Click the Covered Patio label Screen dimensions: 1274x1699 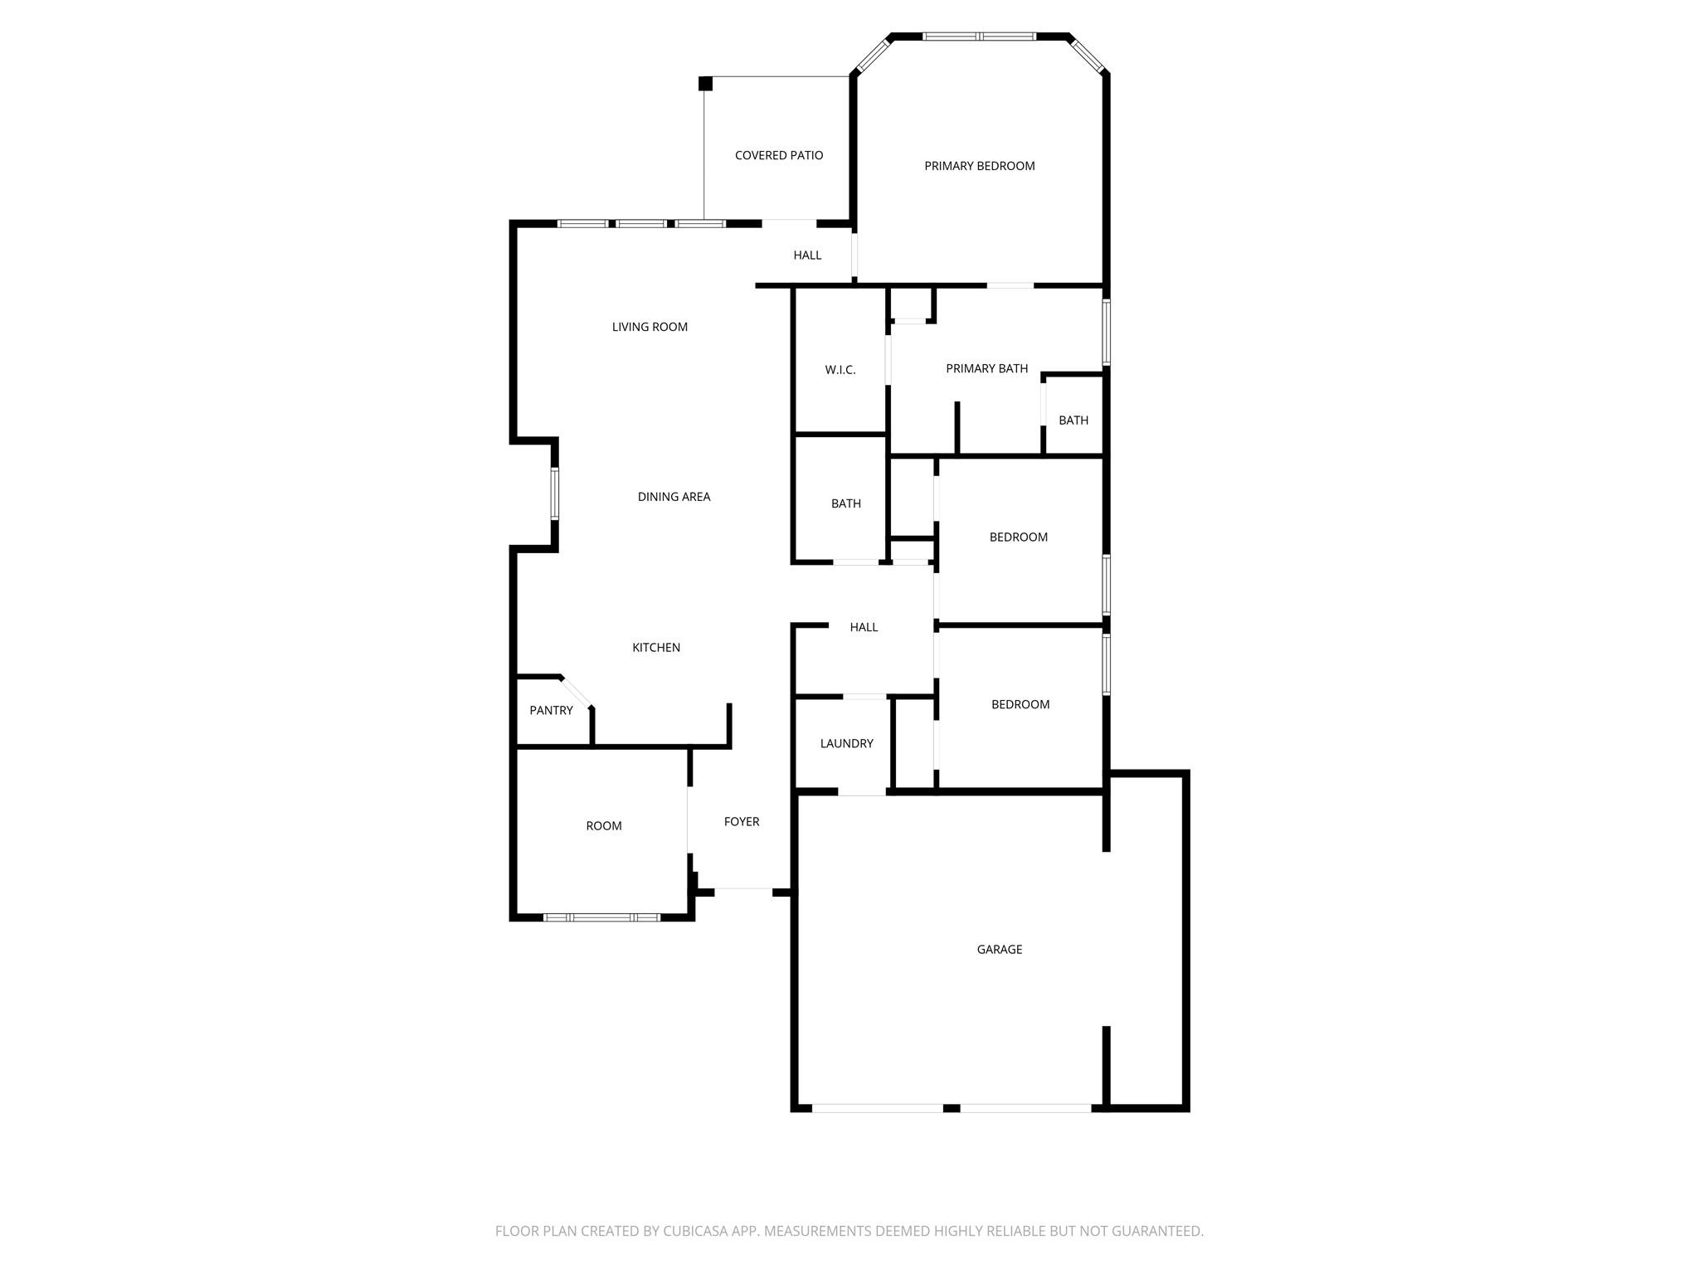(778, 156)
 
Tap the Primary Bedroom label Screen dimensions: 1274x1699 (979, 167)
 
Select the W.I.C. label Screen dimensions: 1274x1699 (840, 370)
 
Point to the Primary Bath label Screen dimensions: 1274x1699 (986, 369)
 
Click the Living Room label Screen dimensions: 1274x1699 (650, 328)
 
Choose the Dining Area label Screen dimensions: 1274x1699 (674, 498)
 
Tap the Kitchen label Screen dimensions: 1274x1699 (656, 648)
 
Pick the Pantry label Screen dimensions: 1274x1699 (551, 711)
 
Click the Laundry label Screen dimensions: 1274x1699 (846, 744)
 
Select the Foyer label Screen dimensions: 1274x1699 (741, 822)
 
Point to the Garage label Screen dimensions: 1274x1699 (999, 950)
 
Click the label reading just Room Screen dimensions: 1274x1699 (603, 826)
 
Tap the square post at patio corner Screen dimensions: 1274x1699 (705, 84)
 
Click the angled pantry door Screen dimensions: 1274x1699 (576, 693)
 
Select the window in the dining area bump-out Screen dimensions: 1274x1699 (555, 494)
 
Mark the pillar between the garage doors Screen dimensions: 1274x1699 (952, 1108)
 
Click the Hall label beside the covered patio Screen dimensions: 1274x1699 (806, 255)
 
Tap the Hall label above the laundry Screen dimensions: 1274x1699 (863, 628)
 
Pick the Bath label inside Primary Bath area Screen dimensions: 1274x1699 (1073, 421)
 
